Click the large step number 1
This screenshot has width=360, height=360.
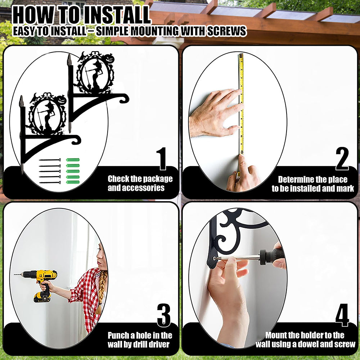tap(162, 159)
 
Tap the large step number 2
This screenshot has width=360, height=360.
tap(342, 159)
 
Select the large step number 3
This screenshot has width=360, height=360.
tap(164, 315)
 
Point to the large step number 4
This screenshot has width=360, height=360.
tap(342, 315)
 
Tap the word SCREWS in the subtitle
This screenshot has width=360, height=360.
tap(226, 31)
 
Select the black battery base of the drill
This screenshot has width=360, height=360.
tap(42, 297)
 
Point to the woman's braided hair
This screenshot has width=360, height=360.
tap(101, 292)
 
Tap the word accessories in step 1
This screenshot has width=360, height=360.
tap(136, 188)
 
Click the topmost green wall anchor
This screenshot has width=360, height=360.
tap(73, 160)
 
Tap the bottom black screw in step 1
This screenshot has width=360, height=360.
tap(50, 183)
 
